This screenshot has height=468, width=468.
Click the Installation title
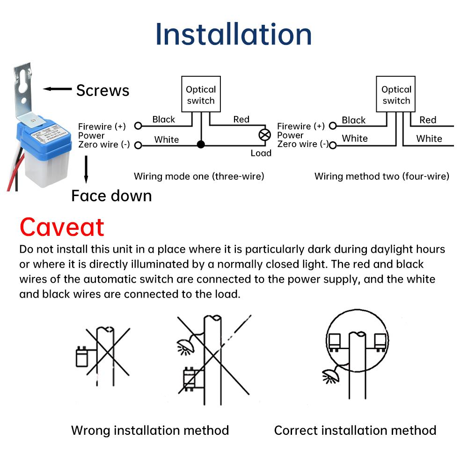click(x=234, y=34)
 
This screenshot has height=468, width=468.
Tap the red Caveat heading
click(x=62, y=227)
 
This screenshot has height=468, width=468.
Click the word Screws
click(x=102, y=90)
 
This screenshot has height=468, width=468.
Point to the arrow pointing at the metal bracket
click(x=57, y=89)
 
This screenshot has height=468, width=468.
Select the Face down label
click(x=111, y=196)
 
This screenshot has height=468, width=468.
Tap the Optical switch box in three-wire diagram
click(x=201, y=95)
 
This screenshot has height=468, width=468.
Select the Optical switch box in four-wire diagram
click(x=396, y=95)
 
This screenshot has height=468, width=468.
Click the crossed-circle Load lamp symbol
click(x=265, y=135)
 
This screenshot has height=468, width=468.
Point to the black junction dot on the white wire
click(x=201, y=145)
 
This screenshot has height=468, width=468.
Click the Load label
click(x=261, y=154)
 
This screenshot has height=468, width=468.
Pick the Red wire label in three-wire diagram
click(x=241, y=119)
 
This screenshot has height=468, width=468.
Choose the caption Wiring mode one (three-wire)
click(x=199, y=176)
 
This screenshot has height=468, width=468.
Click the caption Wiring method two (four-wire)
click(x=381, y=176)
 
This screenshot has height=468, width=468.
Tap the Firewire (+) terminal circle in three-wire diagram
click(x=138, y=126)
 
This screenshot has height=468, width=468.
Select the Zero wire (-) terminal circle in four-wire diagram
click(x=333, y=145)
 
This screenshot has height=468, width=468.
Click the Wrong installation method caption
click(x=150, y=430)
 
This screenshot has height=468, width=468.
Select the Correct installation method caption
click(x=355, y=430)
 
